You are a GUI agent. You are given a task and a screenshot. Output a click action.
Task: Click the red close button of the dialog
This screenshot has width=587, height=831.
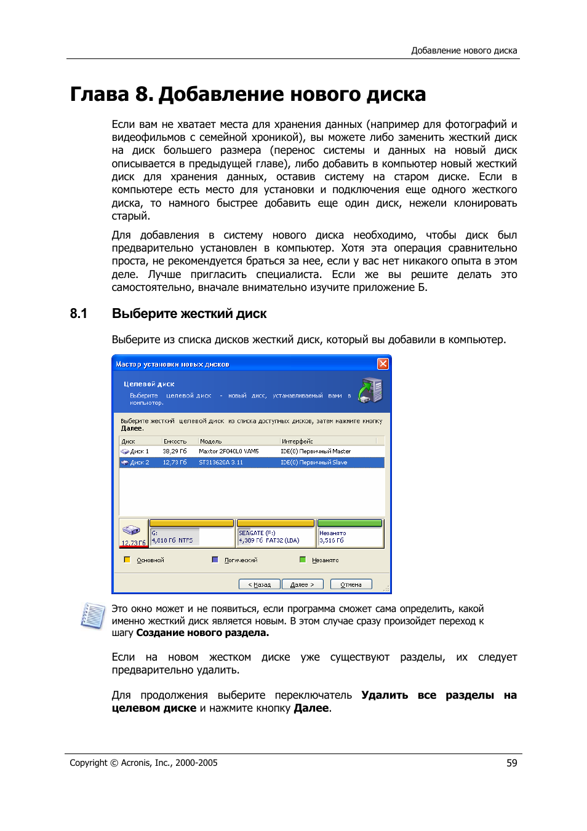point(383,364)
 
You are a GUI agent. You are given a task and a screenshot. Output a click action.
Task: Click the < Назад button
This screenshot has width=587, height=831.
point(263,584)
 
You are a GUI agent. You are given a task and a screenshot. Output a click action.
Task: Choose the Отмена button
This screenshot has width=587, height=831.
point(351,584)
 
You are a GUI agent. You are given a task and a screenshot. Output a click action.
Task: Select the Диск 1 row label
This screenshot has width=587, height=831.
point(139,451)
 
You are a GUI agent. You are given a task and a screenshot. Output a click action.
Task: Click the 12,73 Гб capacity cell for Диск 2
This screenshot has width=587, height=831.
point(174,463)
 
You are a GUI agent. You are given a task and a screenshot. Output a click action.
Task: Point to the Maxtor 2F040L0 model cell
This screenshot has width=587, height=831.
point(228,451)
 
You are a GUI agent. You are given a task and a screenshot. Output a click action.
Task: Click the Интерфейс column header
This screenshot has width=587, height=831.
point(297,441)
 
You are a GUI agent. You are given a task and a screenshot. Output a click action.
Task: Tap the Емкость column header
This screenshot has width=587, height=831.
point(175,441)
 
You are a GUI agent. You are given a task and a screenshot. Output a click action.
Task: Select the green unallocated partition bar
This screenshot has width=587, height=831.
point(350,523)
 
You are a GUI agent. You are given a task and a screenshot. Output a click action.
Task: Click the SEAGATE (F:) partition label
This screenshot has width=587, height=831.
point(257,533)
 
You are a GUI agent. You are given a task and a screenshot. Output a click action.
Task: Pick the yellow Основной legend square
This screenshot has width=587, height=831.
point(127,560)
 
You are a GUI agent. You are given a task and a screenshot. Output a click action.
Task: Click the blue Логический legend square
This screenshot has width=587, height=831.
point(215,560)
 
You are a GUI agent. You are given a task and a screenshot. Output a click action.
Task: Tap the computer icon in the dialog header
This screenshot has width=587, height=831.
point(370,391)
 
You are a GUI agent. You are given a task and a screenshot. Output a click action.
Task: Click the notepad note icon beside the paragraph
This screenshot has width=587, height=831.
point(93,616)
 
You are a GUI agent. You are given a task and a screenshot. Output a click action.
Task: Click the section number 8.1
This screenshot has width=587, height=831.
point(79,314)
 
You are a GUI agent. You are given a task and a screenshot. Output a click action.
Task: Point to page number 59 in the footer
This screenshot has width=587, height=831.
point(511,763)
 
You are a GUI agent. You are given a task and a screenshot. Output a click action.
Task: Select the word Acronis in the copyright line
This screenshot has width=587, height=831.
point(136,763)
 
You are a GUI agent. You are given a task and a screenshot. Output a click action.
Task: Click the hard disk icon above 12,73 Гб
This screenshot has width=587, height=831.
point(131,530)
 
